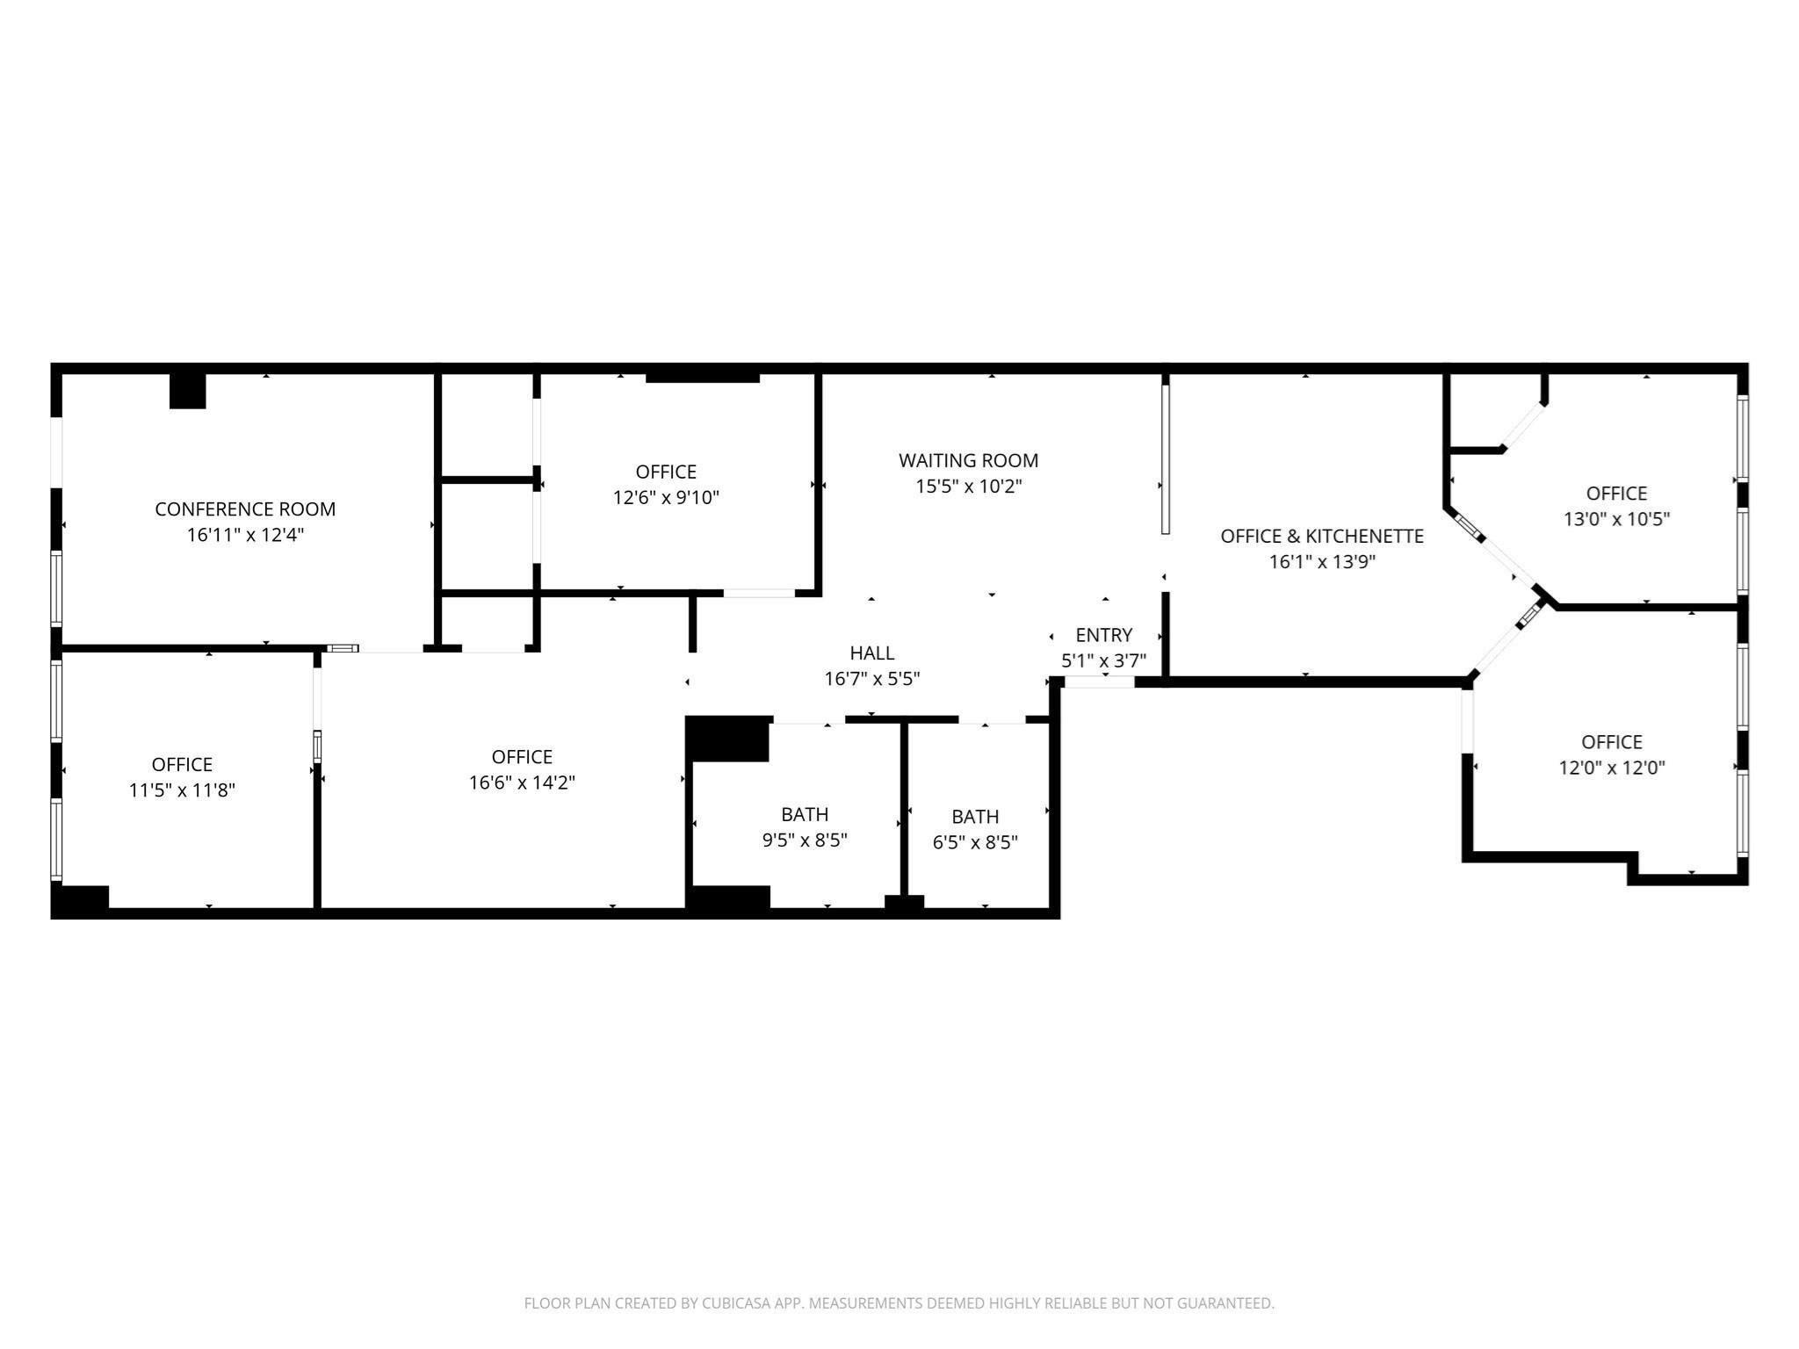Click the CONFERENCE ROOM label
245,509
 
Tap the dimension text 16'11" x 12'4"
245,535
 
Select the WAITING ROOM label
968,460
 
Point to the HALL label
871,653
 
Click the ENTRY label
1103,635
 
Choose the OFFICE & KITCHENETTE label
1321,536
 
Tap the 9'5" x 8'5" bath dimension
804,840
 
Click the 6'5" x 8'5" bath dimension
974,843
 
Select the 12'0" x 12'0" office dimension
1611,768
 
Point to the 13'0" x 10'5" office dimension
1615,519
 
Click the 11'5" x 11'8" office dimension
182,790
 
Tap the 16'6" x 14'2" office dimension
522,783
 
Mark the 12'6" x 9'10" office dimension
666,498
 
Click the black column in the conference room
187,391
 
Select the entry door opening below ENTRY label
1098,682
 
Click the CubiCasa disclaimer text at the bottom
899,1303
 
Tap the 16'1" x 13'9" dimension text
1321,562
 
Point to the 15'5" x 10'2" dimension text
968,487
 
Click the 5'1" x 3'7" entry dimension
1103,661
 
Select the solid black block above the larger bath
727,739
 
